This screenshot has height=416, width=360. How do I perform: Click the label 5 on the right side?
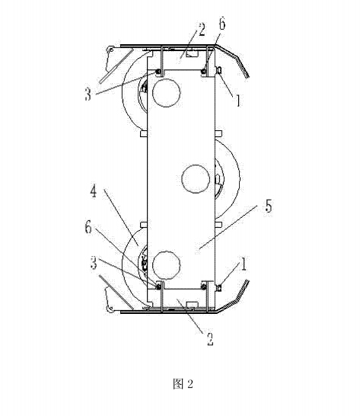click(x=269, y=206)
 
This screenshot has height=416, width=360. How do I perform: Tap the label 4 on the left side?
click(x=94, y=191)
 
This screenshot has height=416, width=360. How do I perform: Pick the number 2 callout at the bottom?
click(x=210, y=339)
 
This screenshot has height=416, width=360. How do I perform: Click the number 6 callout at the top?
click(x=222, y=24)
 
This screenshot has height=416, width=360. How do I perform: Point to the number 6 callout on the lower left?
click(x=88, y=227)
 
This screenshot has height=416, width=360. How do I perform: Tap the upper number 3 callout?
click(x=88, y=94)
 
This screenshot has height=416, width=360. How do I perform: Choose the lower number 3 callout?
click(x=94, y=263)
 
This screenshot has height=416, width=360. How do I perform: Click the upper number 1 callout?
click(x=237, y=101)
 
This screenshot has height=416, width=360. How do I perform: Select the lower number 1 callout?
click(x=244, y=264)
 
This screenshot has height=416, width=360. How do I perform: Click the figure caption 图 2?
click(x=183, y=384)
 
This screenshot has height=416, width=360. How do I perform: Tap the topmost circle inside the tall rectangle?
click(x=167, y=92)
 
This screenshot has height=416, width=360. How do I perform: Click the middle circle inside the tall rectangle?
click(x=196, y=179)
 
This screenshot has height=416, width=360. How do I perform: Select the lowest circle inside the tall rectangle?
click(x=167, y=264)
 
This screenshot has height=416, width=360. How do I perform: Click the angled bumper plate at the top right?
click(x=234, y=57)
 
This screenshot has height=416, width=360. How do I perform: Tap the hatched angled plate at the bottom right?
click(x=234, y=298)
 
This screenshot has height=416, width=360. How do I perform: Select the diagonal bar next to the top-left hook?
click(x=116, y=66)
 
